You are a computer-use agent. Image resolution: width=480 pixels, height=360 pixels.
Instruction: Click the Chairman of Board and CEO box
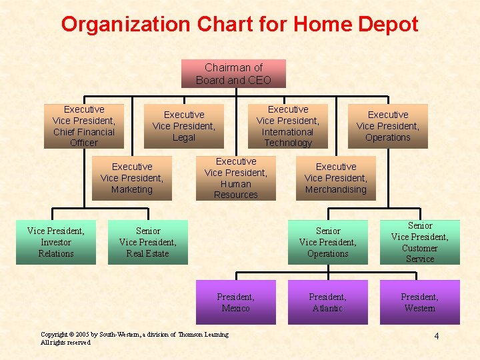233,73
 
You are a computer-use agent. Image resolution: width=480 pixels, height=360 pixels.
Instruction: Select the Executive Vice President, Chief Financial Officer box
83,126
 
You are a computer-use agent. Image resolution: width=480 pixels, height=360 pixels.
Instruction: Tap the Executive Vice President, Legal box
184,126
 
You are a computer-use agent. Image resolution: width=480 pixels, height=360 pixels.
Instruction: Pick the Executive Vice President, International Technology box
288,126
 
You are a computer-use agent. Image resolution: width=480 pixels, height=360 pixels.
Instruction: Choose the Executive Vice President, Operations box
388,126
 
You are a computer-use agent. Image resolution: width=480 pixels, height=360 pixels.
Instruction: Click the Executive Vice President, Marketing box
132,178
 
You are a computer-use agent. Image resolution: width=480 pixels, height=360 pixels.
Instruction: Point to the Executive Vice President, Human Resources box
235,178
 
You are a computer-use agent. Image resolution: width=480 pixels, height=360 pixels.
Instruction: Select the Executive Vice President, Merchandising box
336,178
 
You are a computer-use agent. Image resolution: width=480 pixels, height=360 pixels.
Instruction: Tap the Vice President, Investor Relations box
56,242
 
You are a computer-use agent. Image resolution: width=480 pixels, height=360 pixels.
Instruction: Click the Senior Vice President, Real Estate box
148,242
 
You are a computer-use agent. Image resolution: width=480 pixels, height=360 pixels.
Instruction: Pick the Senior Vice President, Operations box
328,242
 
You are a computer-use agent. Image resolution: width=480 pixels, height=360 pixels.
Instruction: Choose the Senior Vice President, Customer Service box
420,242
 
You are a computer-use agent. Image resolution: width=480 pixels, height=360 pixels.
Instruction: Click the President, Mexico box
235,303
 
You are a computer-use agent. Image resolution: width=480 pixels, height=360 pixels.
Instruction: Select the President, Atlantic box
328,303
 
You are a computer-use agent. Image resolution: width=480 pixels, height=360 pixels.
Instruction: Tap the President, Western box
420,303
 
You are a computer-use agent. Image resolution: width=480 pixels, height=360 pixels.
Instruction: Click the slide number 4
437,336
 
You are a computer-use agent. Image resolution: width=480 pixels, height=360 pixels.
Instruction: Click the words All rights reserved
65,343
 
